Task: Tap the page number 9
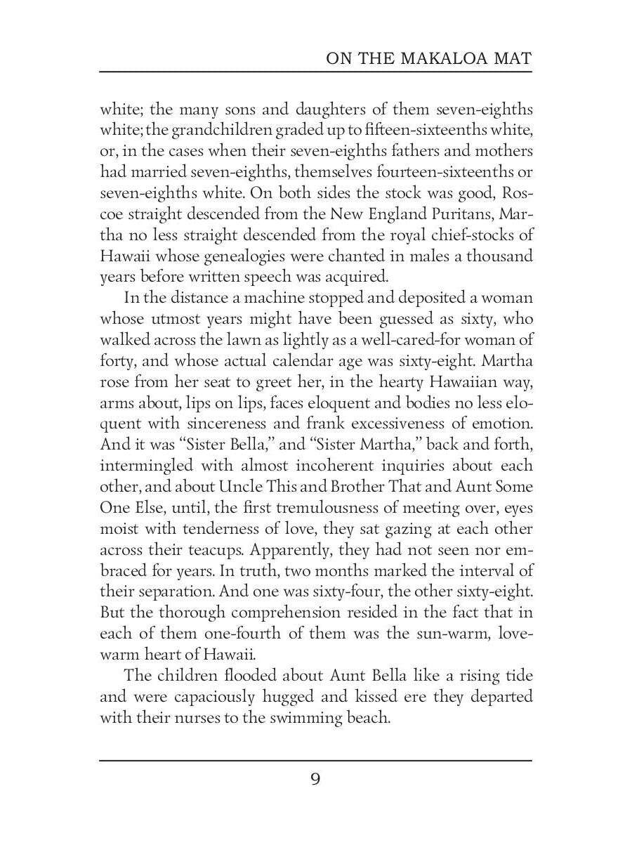click(315, 779)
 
